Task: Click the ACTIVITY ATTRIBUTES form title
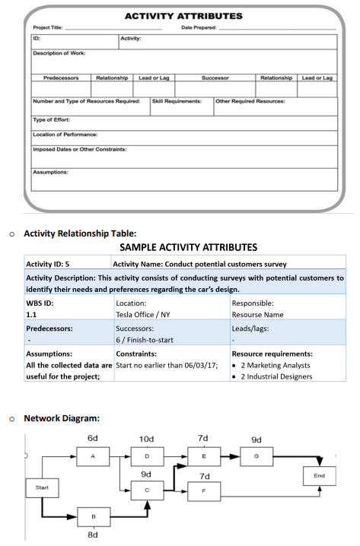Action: (x=183, y=15)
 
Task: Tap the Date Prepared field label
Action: (x=197, y=27)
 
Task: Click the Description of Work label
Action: (x=59, y=52)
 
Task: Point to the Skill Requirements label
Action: (x=177, y=101)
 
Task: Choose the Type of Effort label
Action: (x=50, y=119)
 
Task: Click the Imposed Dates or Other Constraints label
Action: (x=79, y=149)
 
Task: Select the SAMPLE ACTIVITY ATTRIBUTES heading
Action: (x=188, y=247)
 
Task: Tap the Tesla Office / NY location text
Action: (x=146, y=313)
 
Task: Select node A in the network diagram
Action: (x=92, y=456)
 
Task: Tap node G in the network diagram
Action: (x=256, y=456)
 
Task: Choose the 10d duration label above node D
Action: (x=146, y=439)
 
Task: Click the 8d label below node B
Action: (x=92, y=534)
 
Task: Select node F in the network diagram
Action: (x=202, y=491)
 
